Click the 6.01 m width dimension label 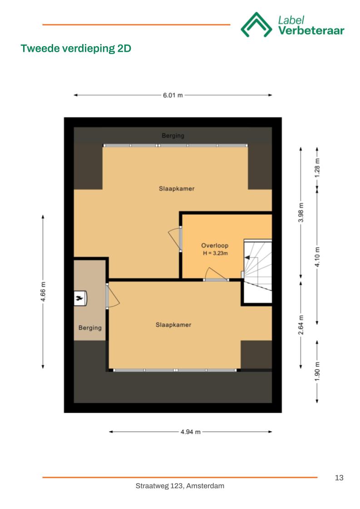click(x=173, y=95)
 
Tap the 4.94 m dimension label click(x=191, y=432)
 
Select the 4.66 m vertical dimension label click(x=43, y=292)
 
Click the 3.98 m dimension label click(x=301, y=212)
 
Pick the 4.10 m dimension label click(x=317, y=257)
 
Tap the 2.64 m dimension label click(x=301, y=325)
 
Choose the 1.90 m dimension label click(x=317, y=372)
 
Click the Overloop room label click(x=215, y=246)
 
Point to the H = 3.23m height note click(x=215, y=253)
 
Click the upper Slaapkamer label click(x=177, y=188)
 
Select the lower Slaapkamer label click(x=173, y=325)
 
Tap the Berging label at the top click(x=173, y=136)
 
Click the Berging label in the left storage click(x=90, y=328)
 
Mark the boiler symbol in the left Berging click(x=80, y=298)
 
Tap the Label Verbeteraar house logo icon click(x=256, y=25)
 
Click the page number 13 click(x=339, y=478)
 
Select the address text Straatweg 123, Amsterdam click(x=180, y=486)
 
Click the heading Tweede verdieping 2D click(x=76, y=49)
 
